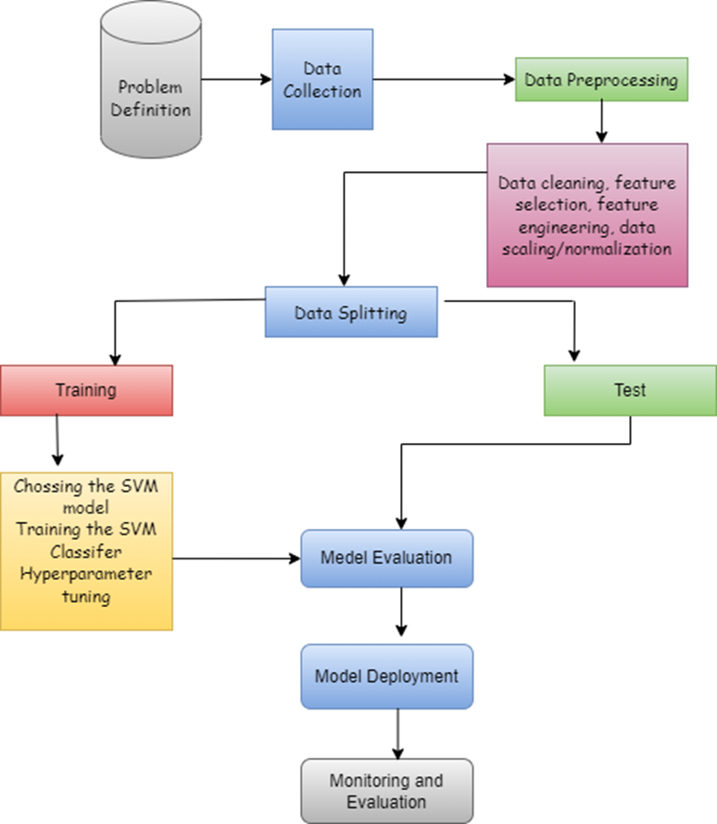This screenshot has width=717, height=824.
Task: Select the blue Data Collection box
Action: coord(321,79)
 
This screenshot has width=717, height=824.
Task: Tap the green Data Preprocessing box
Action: coord(600,80)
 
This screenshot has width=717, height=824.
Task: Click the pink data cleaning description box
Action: coord(586,215)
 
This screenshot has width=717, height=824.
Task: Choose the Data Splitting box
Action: coord(351,312)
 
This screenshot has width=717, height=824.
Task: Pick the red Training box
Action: coord(86,390)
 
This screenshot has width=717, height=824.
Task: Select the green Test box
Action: coord(630,390)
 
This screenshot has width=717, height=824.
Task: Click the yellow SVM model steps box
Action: coord(86,551)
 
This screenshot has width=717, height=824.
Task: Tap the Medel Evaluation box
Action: coord(386,557)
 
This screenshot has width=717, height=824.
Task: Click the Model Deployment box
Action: coord(386,677)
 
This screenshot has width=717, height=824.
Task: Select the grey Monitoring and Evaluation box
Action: coord(386,791)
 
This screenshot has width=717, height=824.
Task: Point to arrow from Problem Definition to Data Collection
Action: coord(236,79)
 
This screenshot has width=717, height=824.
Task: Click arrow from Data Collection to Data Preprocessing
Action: coord(443,80)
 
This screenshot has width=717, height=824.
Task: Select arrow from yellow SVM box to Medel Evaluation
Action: coord(237,557)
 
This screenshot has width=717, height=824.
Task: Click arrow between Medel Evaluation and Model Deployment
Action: coord(400,613)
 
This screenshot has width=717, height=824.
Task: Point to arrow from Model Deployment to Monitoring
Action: coord(398,732)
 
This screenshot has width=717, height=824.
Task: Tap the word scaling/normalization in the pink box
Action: coord(586,248)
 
